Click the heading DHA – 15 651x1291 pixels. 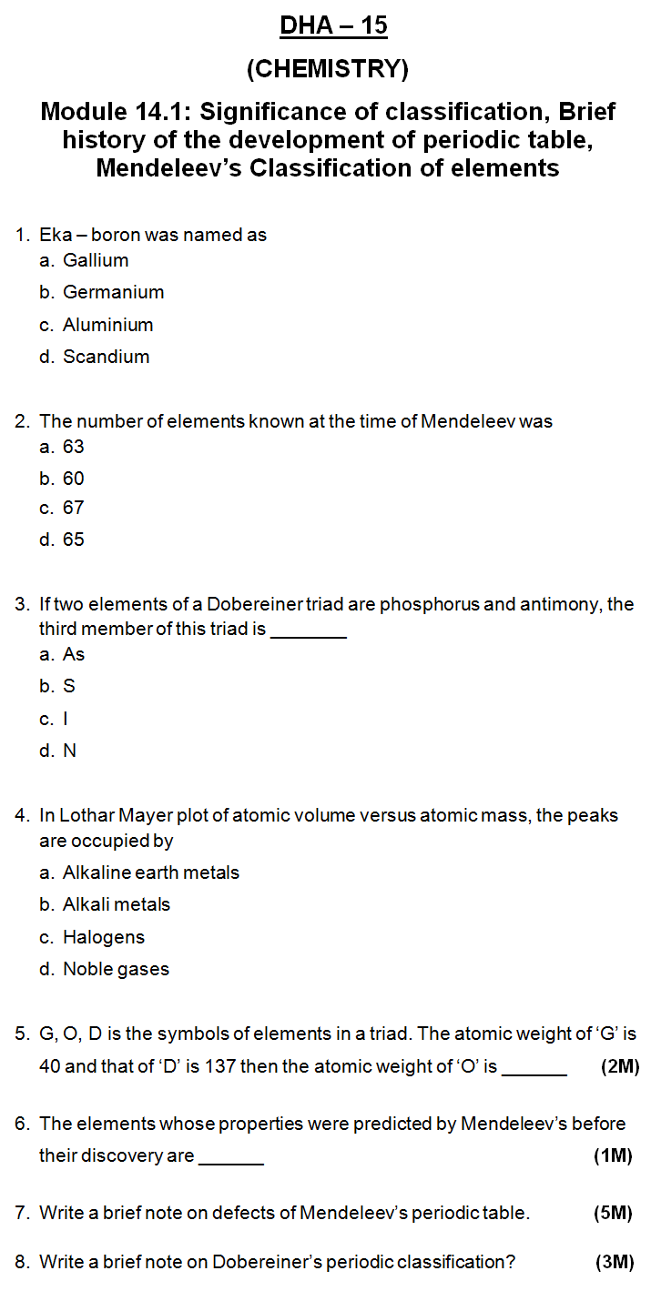click(333, 25)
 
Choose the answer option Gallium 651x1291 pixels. click(96, 260)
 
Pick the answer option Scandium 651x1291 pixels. click(106, 357)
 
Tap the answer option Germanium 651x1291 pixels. click(113, 292)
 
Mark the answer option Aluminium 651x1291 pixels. click(107, 325)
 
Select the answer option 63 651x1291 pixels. click(73, 447)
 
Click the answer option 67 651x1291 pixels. click(73, 508)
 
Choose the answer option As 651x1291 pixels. click(73, 654)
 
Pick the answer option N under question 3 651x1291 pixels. click(69, 751)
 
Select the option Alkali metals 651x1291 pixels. click(117, 904)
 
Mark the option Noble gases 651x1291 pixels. click(116, 969)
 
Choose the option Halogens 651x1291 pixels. click(104, 937)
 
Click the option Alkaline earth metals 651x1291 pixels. click(151, 872)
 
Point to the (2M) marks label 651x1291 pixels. click(620, 1066)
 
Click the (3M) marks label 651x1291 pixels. click(614, 1262)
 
